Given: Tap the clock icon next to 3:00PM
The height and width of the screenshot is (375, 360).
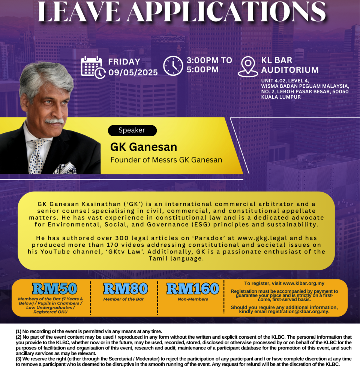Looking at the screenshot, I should pos(173,66).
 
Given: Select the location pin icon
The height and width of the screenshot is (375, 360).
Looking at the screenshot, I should pos(248,67).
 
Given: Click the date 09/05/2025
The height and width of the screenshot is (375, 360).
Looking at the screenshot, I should pos(133,72).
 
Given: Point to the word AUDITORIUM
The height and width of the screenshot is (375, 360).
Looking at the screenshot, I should pos(290,70).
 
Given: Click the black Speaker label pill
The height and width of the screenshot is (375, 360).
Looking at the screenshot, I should pos(132,130).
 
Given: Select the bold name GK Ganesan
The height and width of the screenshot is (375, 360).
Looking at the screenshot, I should pos(143,147).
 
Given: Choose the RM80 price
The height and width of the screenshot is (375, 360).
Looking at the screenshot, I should pos(125,288).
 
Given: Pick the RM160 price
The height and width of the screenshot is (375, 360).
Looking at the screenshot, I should pos(193,288).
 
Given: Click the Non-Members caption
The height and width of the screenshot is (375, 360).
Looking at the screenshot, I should pos(193,299).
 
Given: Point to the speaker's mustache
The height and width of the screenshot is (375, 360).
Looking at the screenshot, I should pos(55,121).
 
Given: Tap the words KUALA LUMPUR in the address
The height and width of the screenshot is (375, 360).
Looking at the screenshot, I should pos(281,97).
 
